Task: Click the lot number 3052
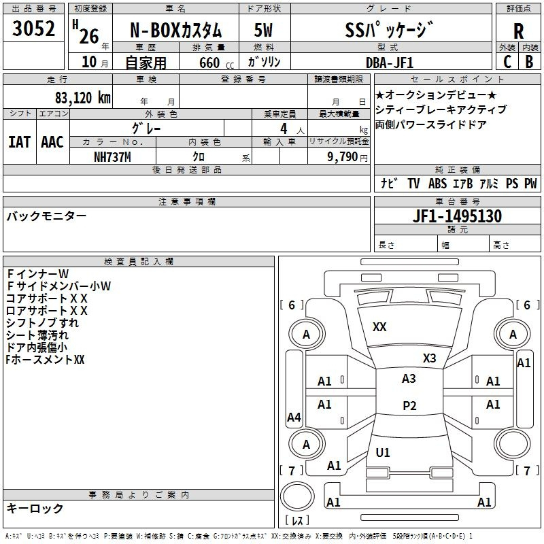[x=33, y=29]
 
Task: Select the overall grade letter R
[x=518, y=31]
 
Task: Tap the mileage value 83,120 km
[x=83, y=98]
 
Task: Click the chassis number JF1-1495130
[x=457, y=216]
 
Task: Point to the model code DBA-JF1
[x=390, y=63]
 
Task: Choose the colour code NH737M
[x=112, y=157]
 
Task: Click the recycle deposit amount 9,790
[x=343, y=157]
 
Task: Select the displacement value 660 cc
[x=216, y=63]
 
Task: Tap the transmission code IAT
[x=19, y=142]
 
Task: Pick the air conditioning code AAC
[x=52, y=142]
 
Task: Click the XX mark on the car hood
[x=379, y=327]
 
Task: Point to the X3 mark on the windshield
[x=429, y=358]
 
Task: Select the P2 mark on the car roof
[x=409, y=405]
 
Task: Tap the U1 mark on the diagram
[x=383, y=452]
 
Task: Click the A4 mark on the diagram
[x=294, y=417]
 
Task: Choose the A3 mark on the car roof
[x=409, y=379]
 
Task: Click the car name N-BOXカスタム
[x=175, y=30]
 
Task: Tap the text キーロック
[x=35, y=508]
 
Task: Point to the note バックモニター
[x=46, y=216]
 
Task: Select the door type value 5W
[x=263, y=30]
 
